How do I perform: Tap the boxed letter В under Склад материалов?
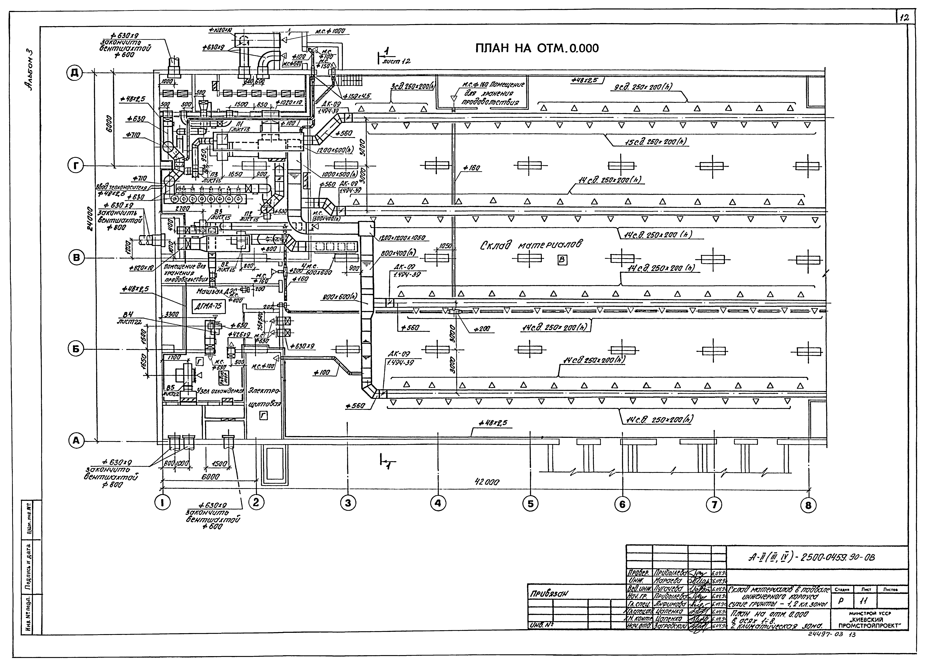(x=562, y=260)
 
